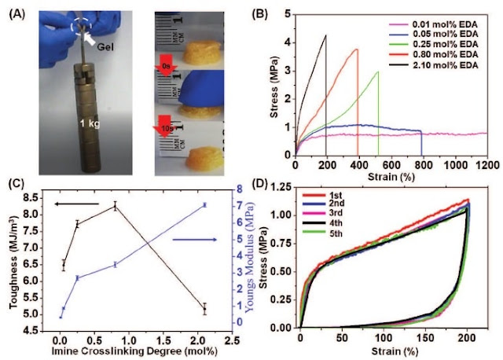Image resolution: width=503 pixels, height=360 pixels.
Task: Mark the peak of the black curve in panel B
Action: [x=325, y=35]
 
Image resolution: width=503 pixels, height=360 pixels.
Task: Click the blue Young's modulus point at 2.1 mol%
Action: [x=204, y=204]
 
